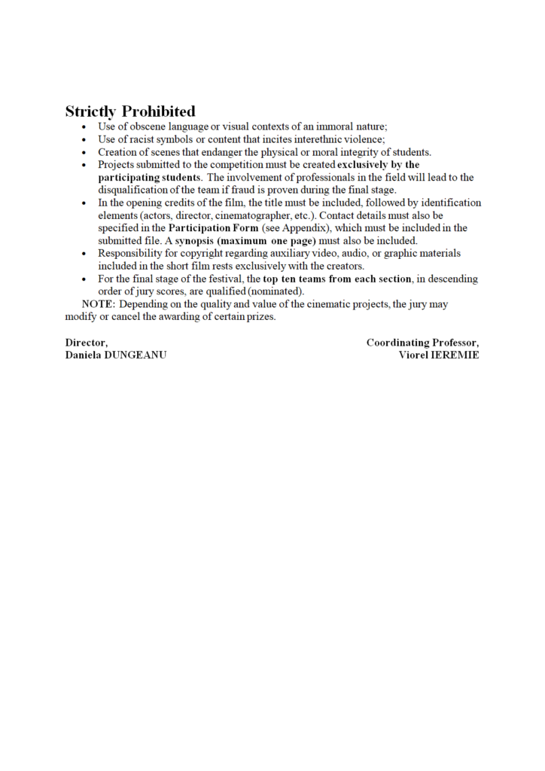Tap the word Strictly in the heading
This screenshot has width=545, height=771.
pyautogui.click(x=90, y=111)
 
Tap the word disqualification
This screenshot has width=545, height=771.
pyautogui.click(x=136, y=190)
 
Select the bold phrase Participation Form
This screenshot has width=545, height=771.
pyautogui.click(x=214, y=228)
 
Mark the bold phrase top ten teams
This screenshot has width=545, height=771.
pyautogui.click(x=296, y=279)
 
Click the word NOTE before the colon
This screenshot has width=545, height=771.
pyautogui.click(x=98, y=305)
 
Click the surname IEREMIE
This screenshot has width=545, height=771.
pyautogui.click(x=454, y=355)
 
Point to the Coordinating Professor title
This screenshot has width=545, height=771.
pyautogui.click(x=422, y=343)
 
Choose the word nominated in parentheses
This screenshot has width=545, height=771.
pyautogui.click(x=279, y=292)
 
